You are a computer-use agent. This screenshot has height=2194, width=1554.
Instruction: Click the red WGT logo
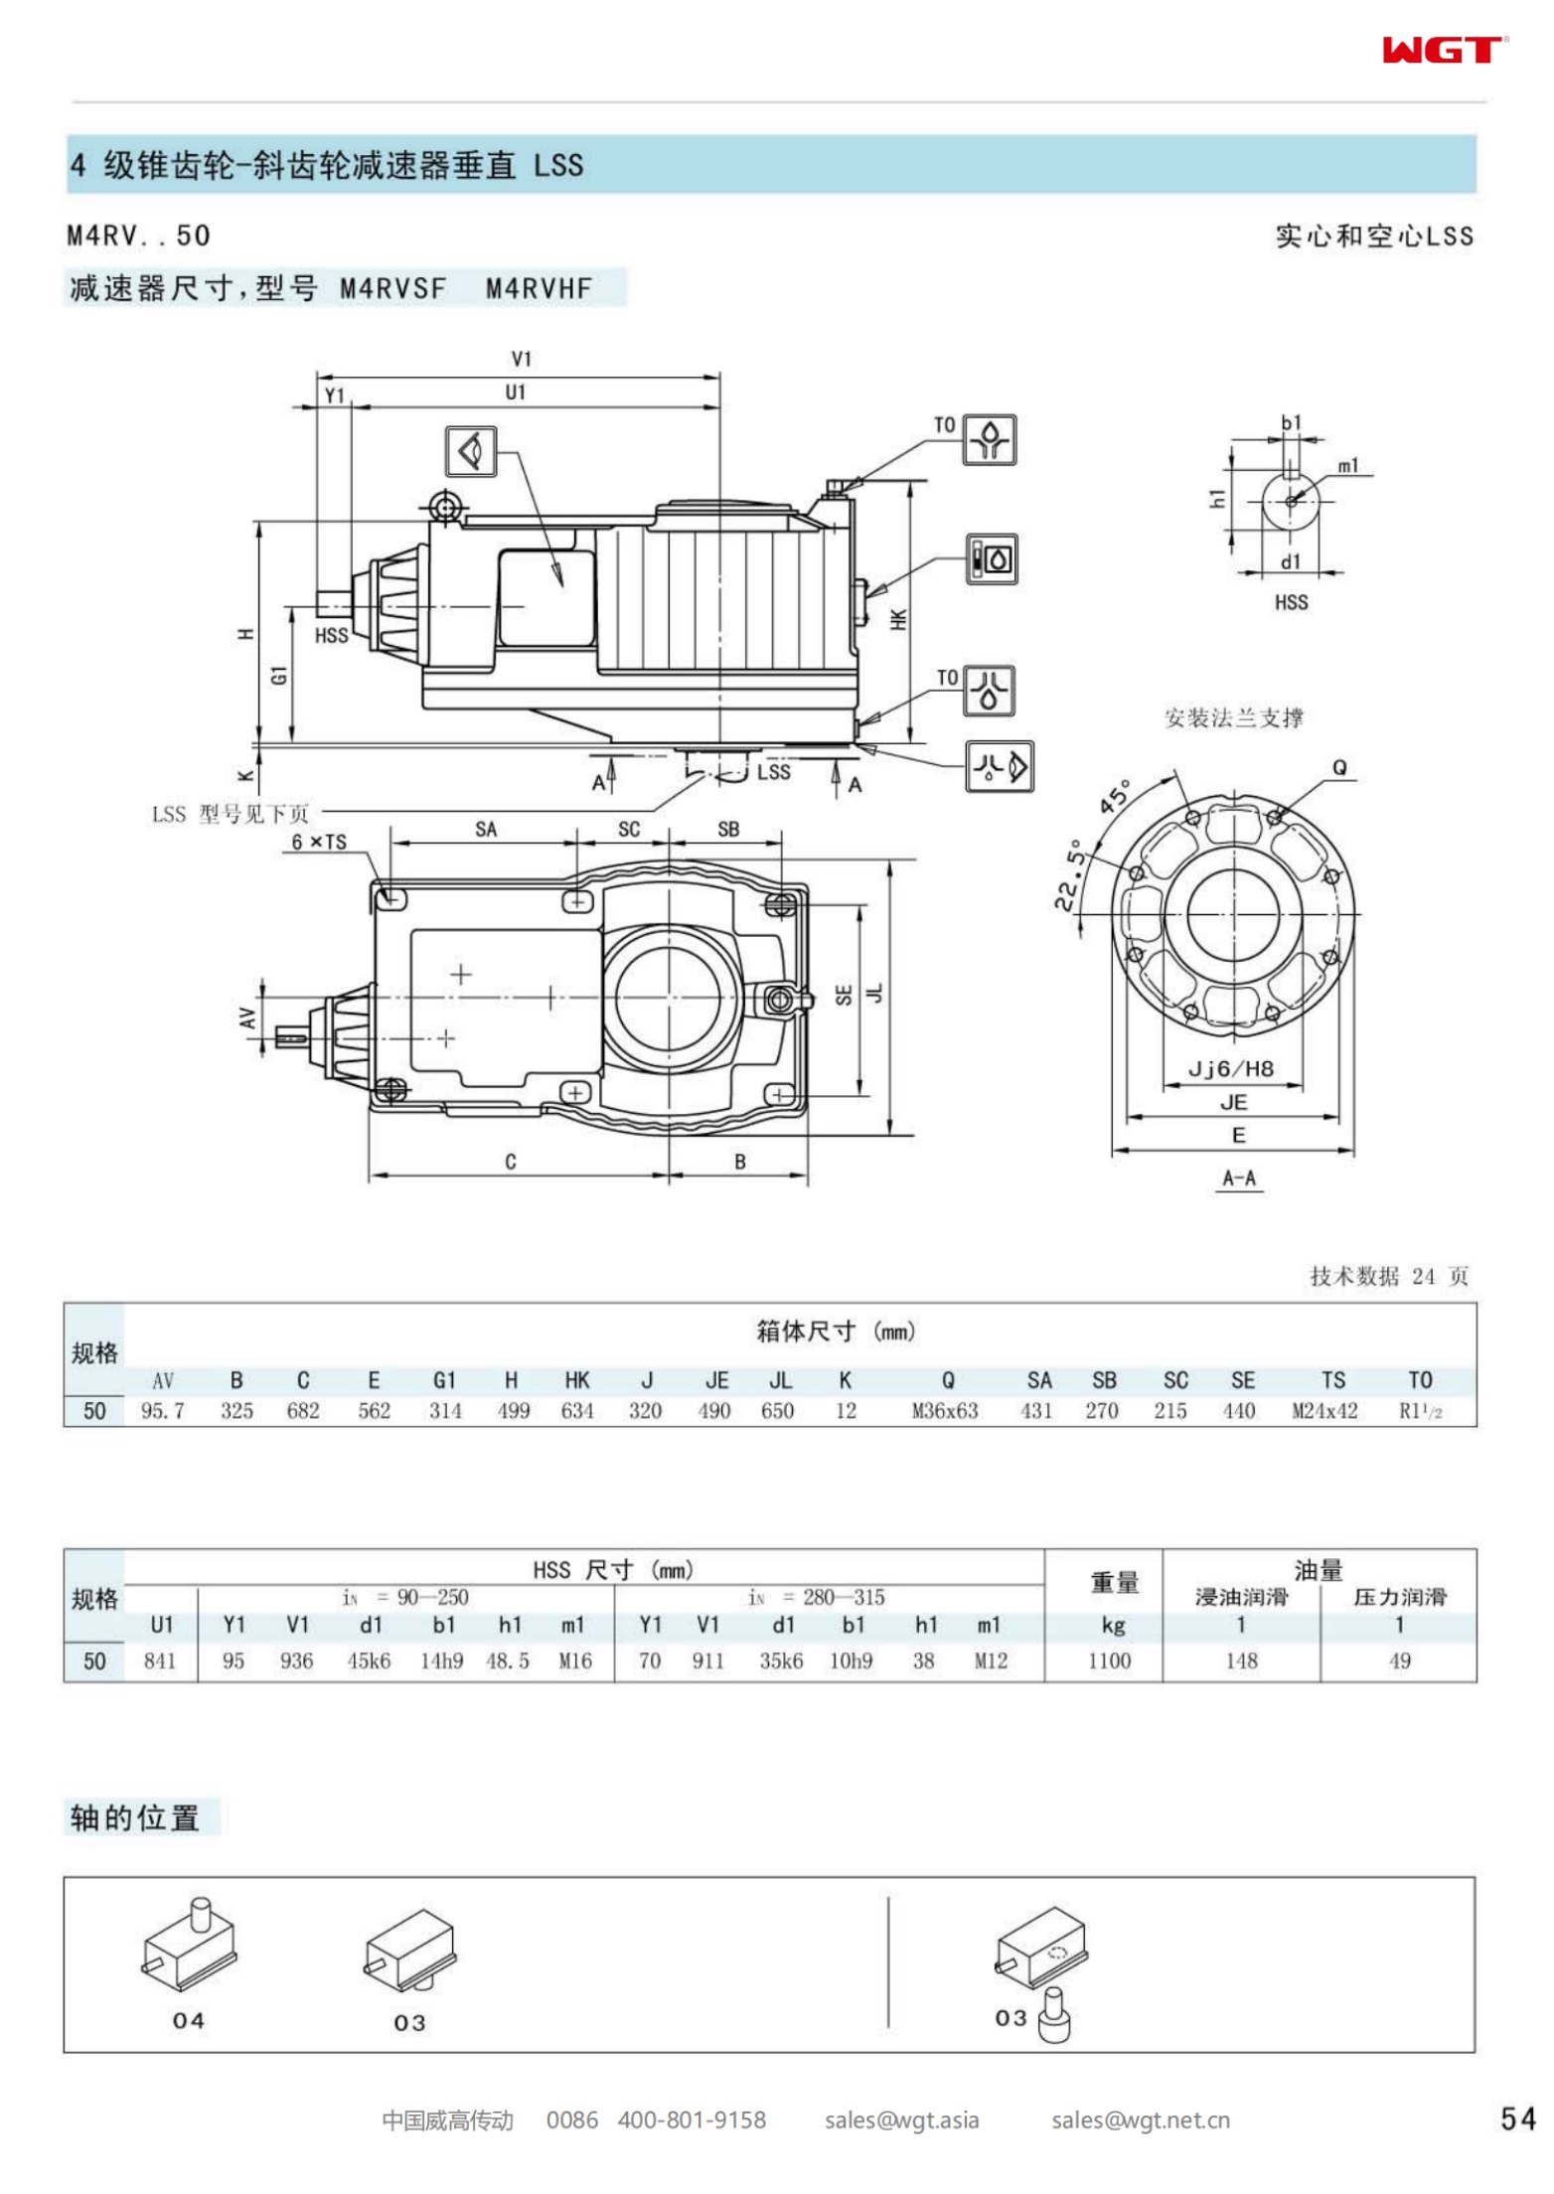1444,50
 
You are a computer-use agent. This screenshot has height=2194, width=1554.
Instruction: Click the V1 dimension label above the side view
522,359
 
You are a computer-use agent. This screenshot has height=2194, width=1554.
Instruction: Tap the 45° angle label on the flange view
1116,796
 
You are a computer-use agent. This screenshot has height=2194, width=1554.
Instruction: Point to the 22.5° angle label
1069,875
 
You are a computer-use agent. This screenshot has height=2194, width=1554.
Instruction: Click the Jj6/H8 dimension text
1231,1069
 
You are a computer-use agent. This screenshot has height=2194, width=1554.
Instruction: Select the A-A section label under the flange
1239,1178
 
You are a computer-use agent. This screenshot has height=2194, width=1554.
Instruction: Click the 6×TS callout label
319,842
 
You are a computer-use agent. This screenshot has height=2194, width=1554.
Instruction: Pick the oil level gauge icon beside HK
992,558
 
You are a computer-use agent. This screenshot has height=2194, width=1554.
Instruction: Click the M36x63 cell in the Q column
945,1411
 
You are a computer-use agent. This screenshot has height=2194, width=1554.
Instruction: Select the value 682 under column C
303,1411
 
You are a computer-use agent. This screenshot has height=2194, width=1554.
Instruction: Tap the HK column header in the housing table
577,1380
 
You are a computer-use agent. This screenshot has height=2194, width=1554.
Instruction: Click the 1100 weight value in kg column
1109,1660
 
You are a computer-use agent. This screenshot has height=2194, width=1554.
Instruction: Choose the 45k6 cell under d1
369,1660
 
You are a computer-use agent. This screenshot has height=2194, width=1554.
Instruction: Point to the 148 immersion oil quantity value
1241,1660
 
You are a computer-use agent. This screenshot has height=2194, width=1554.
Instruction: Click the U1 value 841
160,1660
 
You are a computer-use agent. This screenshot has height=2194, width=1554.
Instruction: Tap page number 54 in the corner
1517,2119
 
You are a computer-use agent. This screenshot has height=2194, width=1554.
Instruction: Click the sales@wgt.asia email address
901,2120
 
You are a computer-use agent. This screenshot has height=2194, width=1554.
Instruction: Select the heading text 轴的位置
135,1818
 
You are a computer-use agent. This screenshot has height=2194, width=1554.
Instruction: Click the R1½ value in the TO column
1420,1411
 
